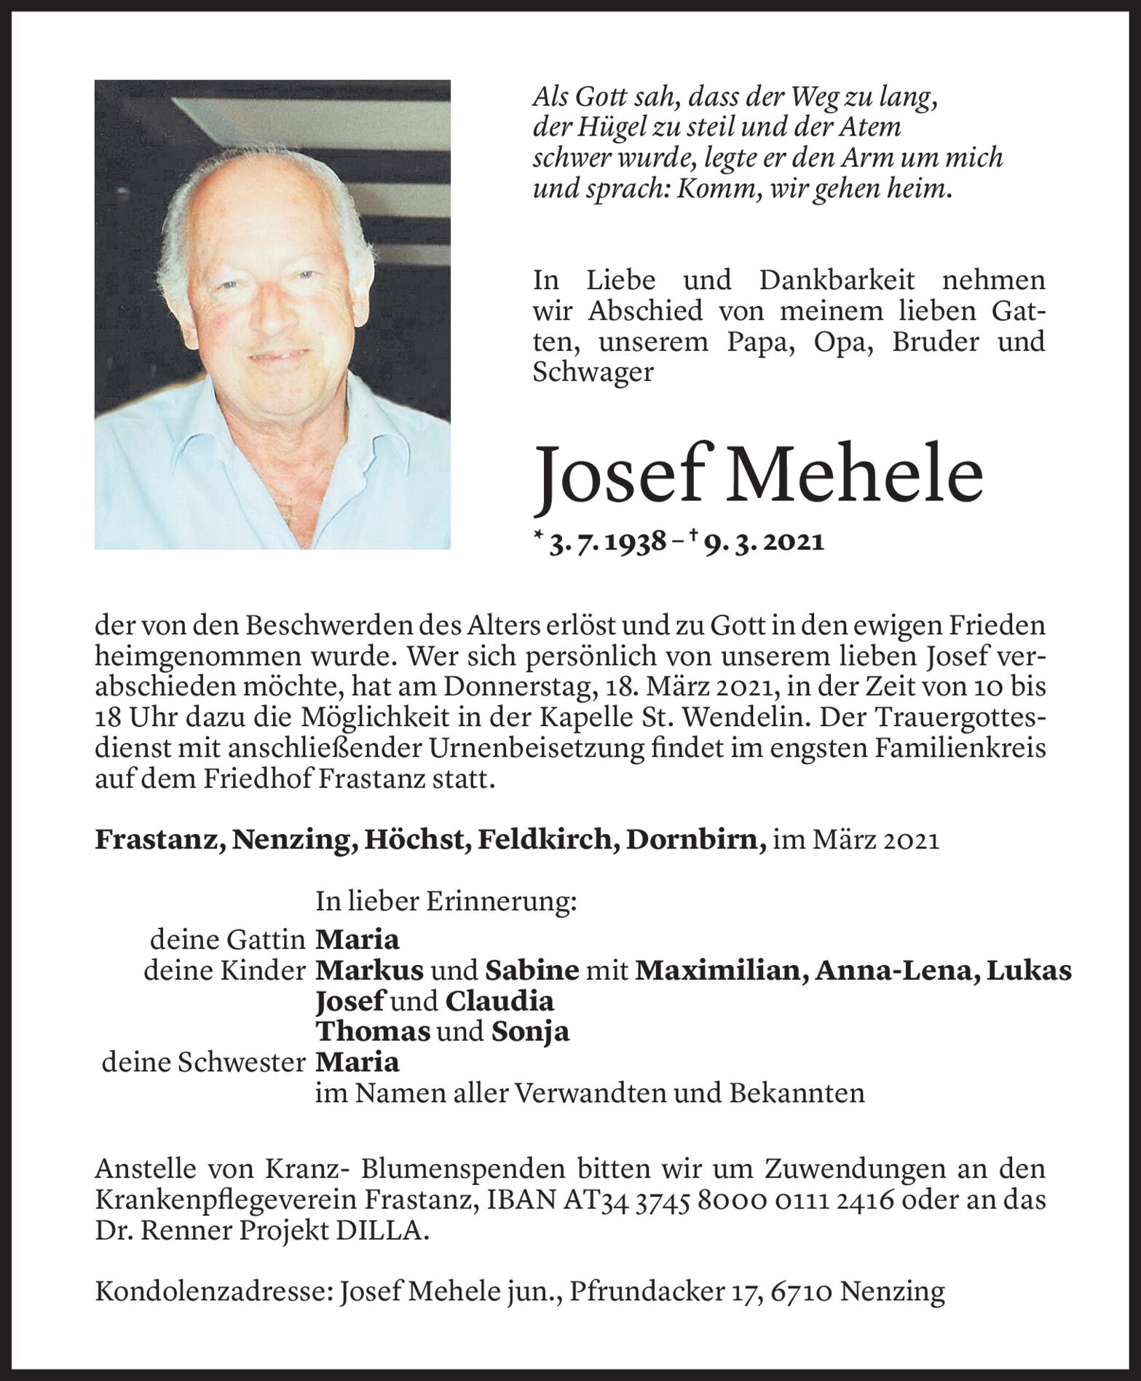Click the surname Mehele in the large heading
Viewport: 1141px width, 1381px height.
coord(861,475)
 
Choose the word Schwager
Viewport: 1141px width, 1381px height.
coord(593,372)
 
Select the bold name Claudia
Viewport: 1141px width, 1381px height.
coord(500,1001)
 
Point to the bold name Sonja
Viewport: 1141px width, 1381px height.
coord(530,1031)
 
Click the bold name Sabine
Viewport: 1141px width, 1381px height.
coord(532,970)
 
